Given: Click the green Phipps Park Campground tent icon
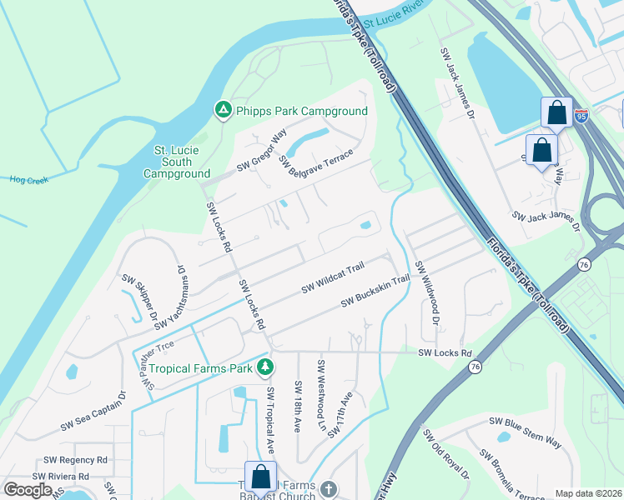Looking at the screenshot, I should coord(223,111).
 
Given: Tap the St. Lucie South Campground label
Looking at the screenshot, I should coord(176,162).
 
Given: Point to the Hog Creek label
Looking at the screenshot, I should coord(29,179).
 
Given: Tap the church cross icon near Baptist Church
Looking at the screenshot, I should coord(328,489).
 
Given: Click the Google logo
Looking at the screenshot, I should coord(27,489).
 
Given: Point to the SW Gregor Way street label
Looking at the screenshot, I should coord(261,151).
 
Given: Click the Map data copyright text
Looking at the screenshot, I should coord(588,493).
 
